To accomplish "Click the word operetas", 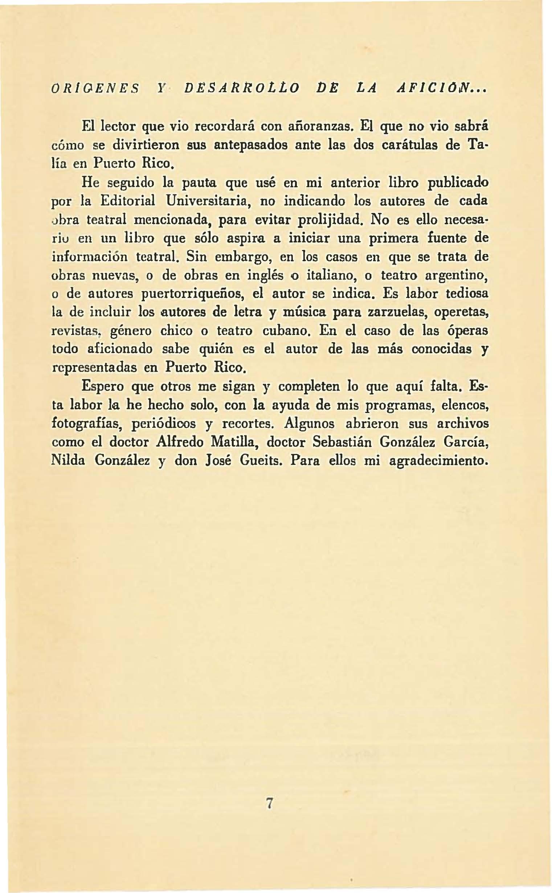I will coord(461,313).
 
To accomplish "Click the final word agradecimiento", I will coord(438,461).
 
